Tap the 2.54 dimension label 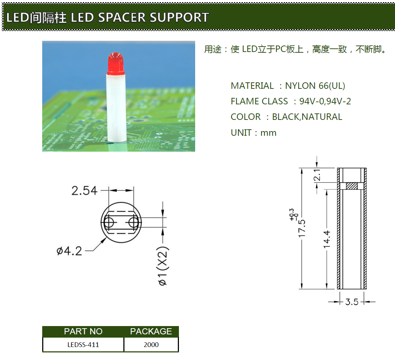[84, 190]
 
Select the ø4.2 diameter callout [69, 251]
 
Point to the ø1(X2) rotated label [163, 266]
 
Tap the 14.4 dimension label [327, 239]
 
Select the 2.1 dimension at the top [317, 175]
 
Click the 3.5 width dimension [352, 302]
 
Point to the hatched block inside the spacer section [352, 186]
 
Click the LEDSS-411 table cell [83, 344]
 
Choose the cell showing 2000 [151, 344]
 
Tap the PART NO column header [83, 331]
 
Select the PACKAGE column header [151, 331]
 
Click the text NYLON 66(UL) [315, 86]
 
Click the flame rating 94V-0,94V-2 [325, 101]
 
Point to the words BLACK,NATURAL [307, 117]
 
